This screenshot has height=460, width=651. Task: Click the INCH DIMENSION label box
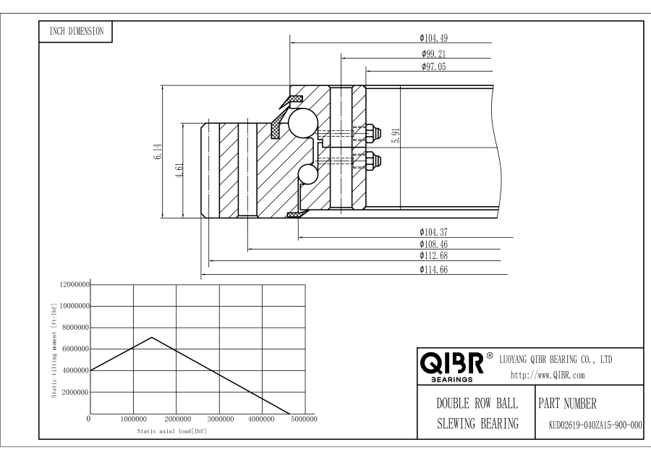pyautogui.click(x=75, y=31)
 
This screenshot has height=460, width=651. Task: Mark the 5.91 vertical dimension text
pyautogui.click(x=395, y=136)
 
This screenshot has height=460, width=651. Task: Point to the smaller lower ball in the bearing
pyautogui.click(x=309, y=175)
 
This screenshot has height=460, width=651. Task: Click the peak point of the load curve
pyautogui.click(x=151, y=337)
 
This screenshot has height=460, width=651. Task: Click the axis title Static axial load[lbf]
pyautogui.click(x=171, y=431)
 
